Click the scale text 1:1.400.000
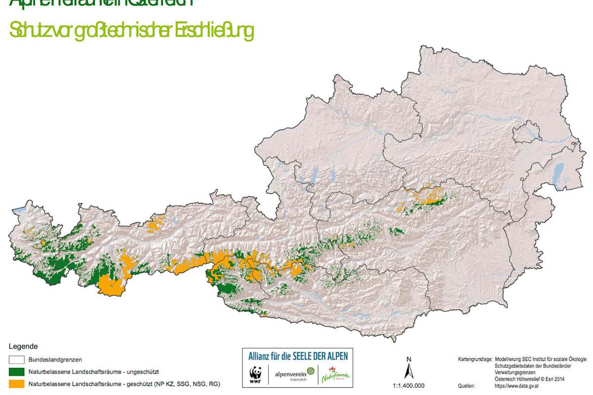click(x=408, y=386)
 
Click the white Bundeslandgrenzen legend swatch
click(x=17, y=359)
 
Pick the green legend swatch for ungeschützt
click(x=17, y=371)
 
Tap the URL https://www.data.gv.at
click(x=516, y=386)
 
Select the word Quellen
click(x=466, y=386)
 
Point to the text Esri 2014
click(x=553, y=379)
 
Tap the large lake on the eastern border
click(x=558, y=173)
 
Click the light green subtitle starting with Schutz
click(x=131, y=31)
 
